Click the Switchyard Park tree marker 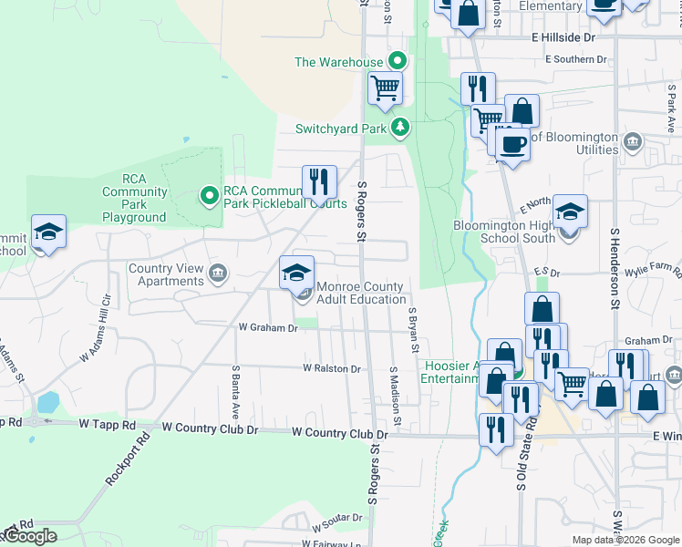pos(398,128)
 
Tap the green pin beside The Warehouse pos(398,62)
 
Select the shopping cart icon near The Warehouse pos(386,88)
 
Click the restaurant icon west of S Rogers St pos(319,181)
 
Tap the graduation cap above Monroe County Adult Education pos(296,272)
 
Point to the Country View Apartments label pos(167,274)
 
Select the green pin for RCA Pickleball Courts pos(209,194)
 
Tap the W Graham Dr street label pos(268,327)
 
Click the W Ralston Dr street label pos(333,368)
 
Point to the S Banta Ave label pos(235,392)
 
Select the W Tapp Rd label pos(107,425)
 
